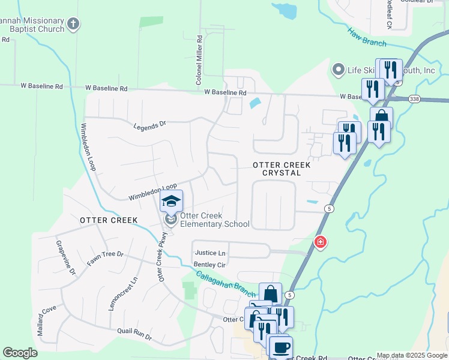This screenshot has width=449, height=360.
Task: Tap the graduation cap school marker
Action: (171, 201)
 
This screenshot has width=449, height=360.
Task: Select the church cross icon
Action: (73, 25)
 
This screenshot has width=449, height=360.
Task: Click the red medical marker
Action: (321, 242)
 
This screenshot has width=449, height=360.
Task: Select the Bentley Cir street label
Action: (209, 265)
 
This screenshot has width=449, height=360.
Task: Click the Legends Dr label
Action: (149, 125)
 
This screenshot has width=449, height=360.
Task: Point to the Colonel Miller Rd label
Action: (199, 59)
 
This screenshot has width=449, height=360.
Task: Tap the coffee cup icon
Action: (280, 347)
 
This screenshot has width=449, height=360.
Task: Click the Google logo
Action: (20, 353)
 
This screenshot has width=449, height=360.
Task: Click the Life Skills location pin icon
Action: (339, 70)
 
